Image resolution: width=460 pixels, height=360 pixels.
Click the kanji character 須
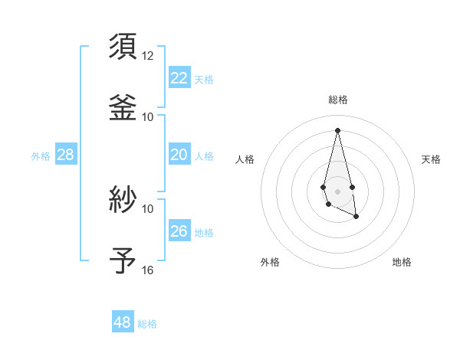(x=123, y=45)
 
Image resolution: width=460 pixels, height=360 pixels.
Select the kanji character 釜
(x=123, y=106)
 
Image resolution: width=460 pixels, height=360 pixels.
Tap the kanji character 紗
(x=123, y=199)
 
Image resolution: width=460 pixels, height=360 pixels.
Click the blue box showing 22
(x=179, y=78)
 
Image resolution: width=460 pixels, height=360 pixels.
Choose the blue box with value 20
(x=179, y=155)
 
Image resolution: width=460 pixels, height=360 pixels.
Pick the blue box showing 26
(x=179, y=231)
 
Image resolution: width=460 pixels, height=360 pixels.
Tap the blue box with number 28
(x=66, y=155)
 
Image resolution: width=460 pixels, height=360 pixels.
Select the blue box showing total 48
(x=123, y=322)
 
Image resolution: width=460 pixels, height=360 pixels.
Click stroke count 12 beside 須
(x=148, y=56)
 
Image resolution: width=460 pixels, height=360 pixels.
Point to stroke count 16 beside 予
(x=148, y=270)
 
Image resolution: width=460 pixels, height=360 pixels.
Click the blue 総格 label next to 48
(x=147, y=324)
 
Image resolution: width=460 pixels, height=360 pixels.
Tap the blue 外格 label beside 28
(x=41, y=156)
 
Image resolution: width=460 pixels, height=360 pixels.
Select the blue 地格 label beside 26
(x=204, y=233)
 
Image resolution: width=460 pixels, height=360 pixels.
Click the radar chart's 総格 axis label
(x=337, y=100)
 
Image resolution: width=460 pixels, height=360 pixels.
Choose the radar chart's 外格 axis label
(x=270, y=262)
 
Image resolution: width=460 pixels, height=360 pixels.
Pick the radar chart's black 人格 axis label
(x=245, y=159)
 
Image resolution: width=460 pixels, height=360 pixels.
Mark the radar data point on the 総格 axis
(x=337, y=129)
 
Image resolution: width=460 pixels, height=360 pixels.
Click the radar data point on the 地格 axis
(x=356, y=217)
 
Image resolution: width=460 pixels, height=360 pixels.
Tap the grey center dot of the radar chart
(x=337, y=190)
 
